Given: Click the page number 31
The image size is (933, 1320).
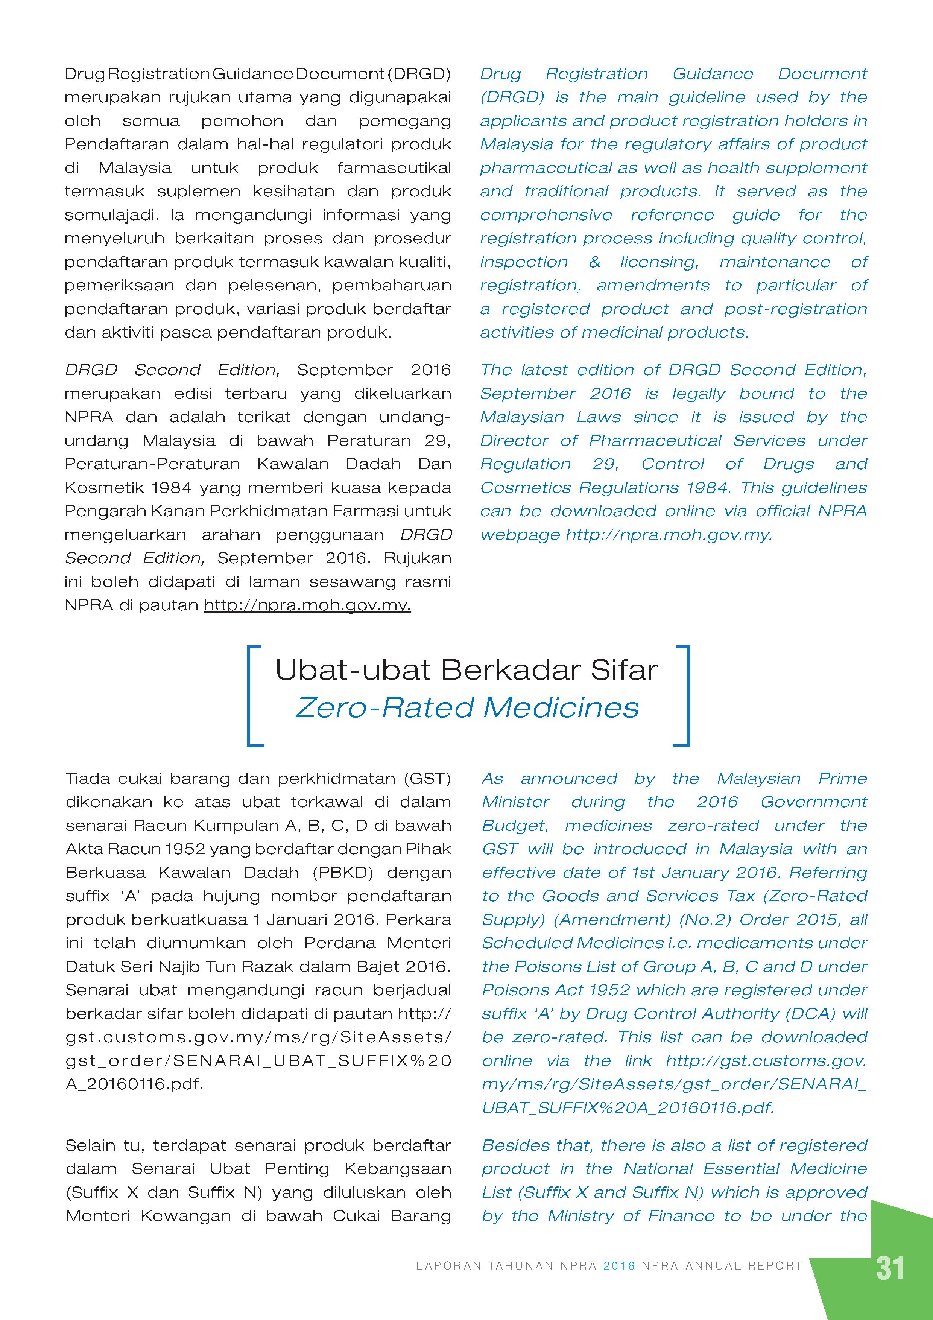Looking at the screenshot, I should point(890,1268).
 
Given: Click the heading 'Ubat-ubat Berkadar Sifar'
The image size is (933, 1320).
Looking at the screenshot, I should point(466,670).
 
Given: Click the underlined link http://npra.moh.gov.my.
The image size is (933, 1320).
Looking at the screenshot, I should point(307,605).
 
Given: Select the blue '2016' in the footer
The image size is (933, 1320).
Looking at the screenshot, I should point(619,1265).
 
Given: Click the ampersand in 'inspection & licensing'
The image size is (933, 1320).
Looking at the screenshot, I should point(594,262).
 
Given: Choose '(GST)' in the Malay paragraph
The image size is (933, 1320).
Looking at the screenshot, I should point(427,779).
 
